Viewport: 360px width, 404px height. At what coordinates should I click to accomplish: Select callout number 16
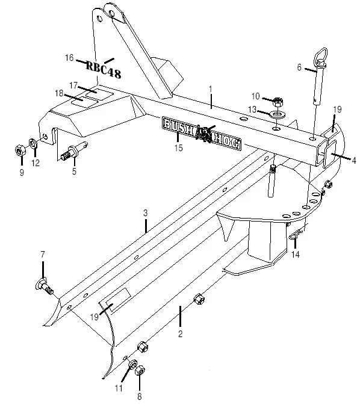[69, 58]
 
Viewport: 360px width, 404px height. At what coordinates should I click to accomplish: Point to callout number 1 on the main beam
[211, 89]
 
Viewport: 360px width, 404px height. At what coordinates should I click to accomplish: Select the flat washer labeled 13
[277, 114]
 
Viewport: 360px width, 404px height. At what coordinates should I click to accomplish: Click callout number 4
[354, 160]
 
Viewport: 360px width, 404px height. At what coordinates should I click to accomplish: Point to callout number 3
[145, 213]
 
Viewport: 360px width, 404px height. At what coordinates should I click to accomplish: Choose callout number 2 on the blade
[179, 332]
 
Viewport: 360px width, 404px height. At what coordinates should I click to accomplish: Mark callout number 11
[119, 388]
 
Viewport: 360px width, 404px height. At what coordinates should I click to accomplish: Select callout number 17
[73, 85]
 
